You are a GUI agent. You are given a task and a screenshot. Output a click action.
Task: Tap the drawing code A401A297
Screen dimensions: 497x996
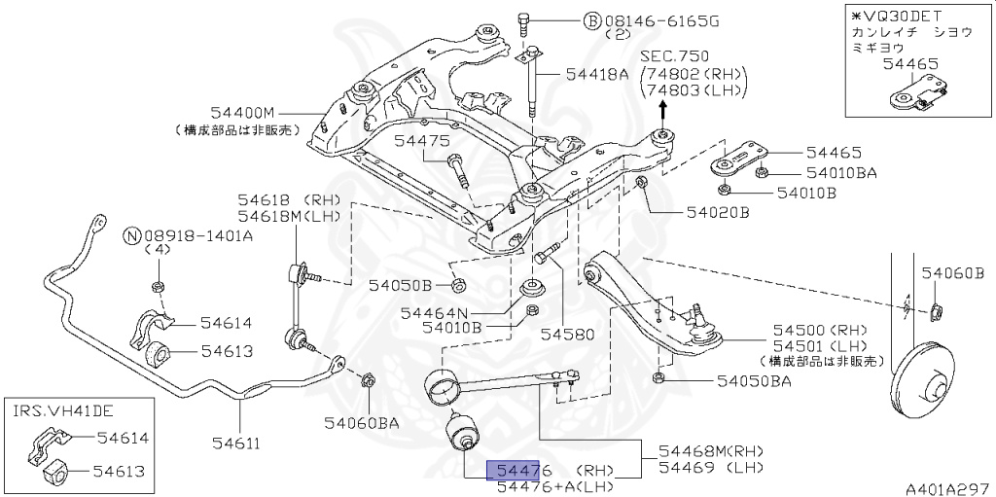[947, 487]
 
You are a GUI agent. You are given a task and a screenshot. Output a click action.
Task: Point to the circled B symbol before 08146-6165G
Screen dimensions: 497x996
[591, 19]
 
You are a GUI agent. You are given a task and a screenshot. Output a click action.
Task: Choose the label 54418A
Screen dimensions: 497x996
[594, 75]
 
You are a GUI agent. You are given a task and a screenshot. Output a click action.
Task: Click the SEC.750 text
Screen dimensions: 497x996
[678, 56]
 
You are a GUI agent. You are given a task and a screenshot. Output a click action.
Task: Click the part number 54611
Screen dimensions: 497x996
[238, 444]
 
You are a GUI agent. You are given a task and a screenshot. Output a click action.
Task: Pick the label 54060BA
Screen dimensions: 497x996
[362, 422]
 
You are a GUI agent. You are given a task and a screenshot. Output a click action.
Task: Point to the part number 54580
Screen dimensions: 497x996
[567, 334]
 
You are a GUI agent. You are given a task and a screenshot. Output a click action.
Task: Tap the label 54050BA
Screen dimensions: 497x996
[754, 381]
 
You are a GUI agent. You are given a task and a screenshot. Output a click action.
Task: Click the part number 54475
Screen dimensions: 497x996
[421, 141]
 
